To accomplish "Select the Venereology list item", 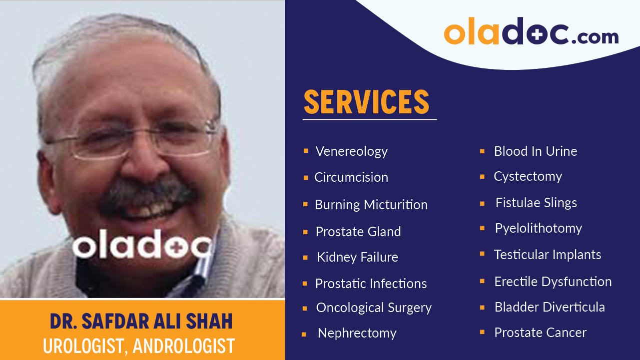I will point(351,151).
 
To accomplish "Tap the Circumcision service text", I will point(351,177).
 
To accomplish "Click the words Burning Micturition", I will point(371,205).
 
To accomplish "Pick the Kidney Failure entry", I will point(357,257).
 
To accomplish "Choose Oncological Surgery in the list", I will point(373,308).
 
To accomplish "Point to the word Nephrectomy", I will point(357,333).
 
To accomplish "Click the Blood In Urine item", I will point(535,151).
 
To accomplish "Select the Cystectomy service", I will point(528,176).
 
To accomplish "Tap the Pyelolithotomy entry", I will point(538,228).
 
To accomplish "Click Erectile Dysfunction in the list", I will point(553,282).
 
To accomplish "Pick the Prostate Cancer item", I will point(540,333).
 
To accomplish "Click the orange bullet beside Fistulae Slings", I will point(482,204).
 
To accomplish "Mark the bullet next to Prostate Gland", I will point(305,232).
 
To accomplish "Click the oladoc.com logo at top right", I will point(531,32).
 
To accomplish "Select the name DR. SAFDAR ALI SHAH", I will point(141,322).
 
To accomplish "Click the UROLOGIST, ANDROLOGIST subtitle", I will point(139,346).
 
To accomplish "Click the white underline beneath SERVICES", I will point(369,120).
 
